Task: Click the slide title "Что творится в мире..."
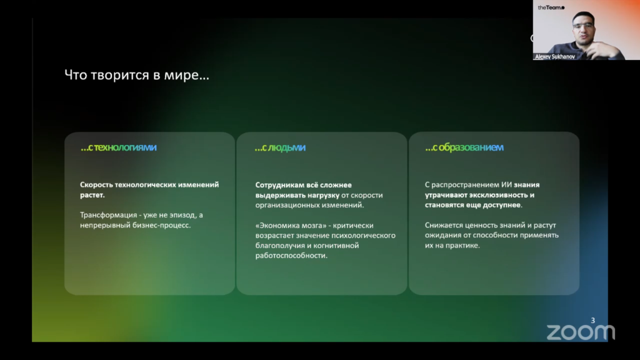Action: [137, 75]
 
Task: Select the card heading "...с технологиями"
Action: [118, 147]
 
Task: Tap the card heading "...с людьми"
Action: [280, 147]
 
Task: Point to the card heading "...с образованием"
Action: [464, 147]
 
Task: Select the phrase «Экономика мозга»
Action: [291, 225]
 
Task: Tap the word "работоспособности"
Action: [291, 256]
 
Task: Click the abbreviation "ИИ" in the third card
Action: [506, 185]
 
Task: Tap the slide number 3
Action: [593, 321]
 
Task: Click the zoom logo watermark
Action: [581, 332]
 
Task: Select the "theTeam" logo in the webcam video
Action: [551, 7]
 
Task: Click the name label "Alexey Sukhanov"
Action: [555, 57]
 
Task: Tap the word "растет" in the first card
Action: [92, 195]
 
